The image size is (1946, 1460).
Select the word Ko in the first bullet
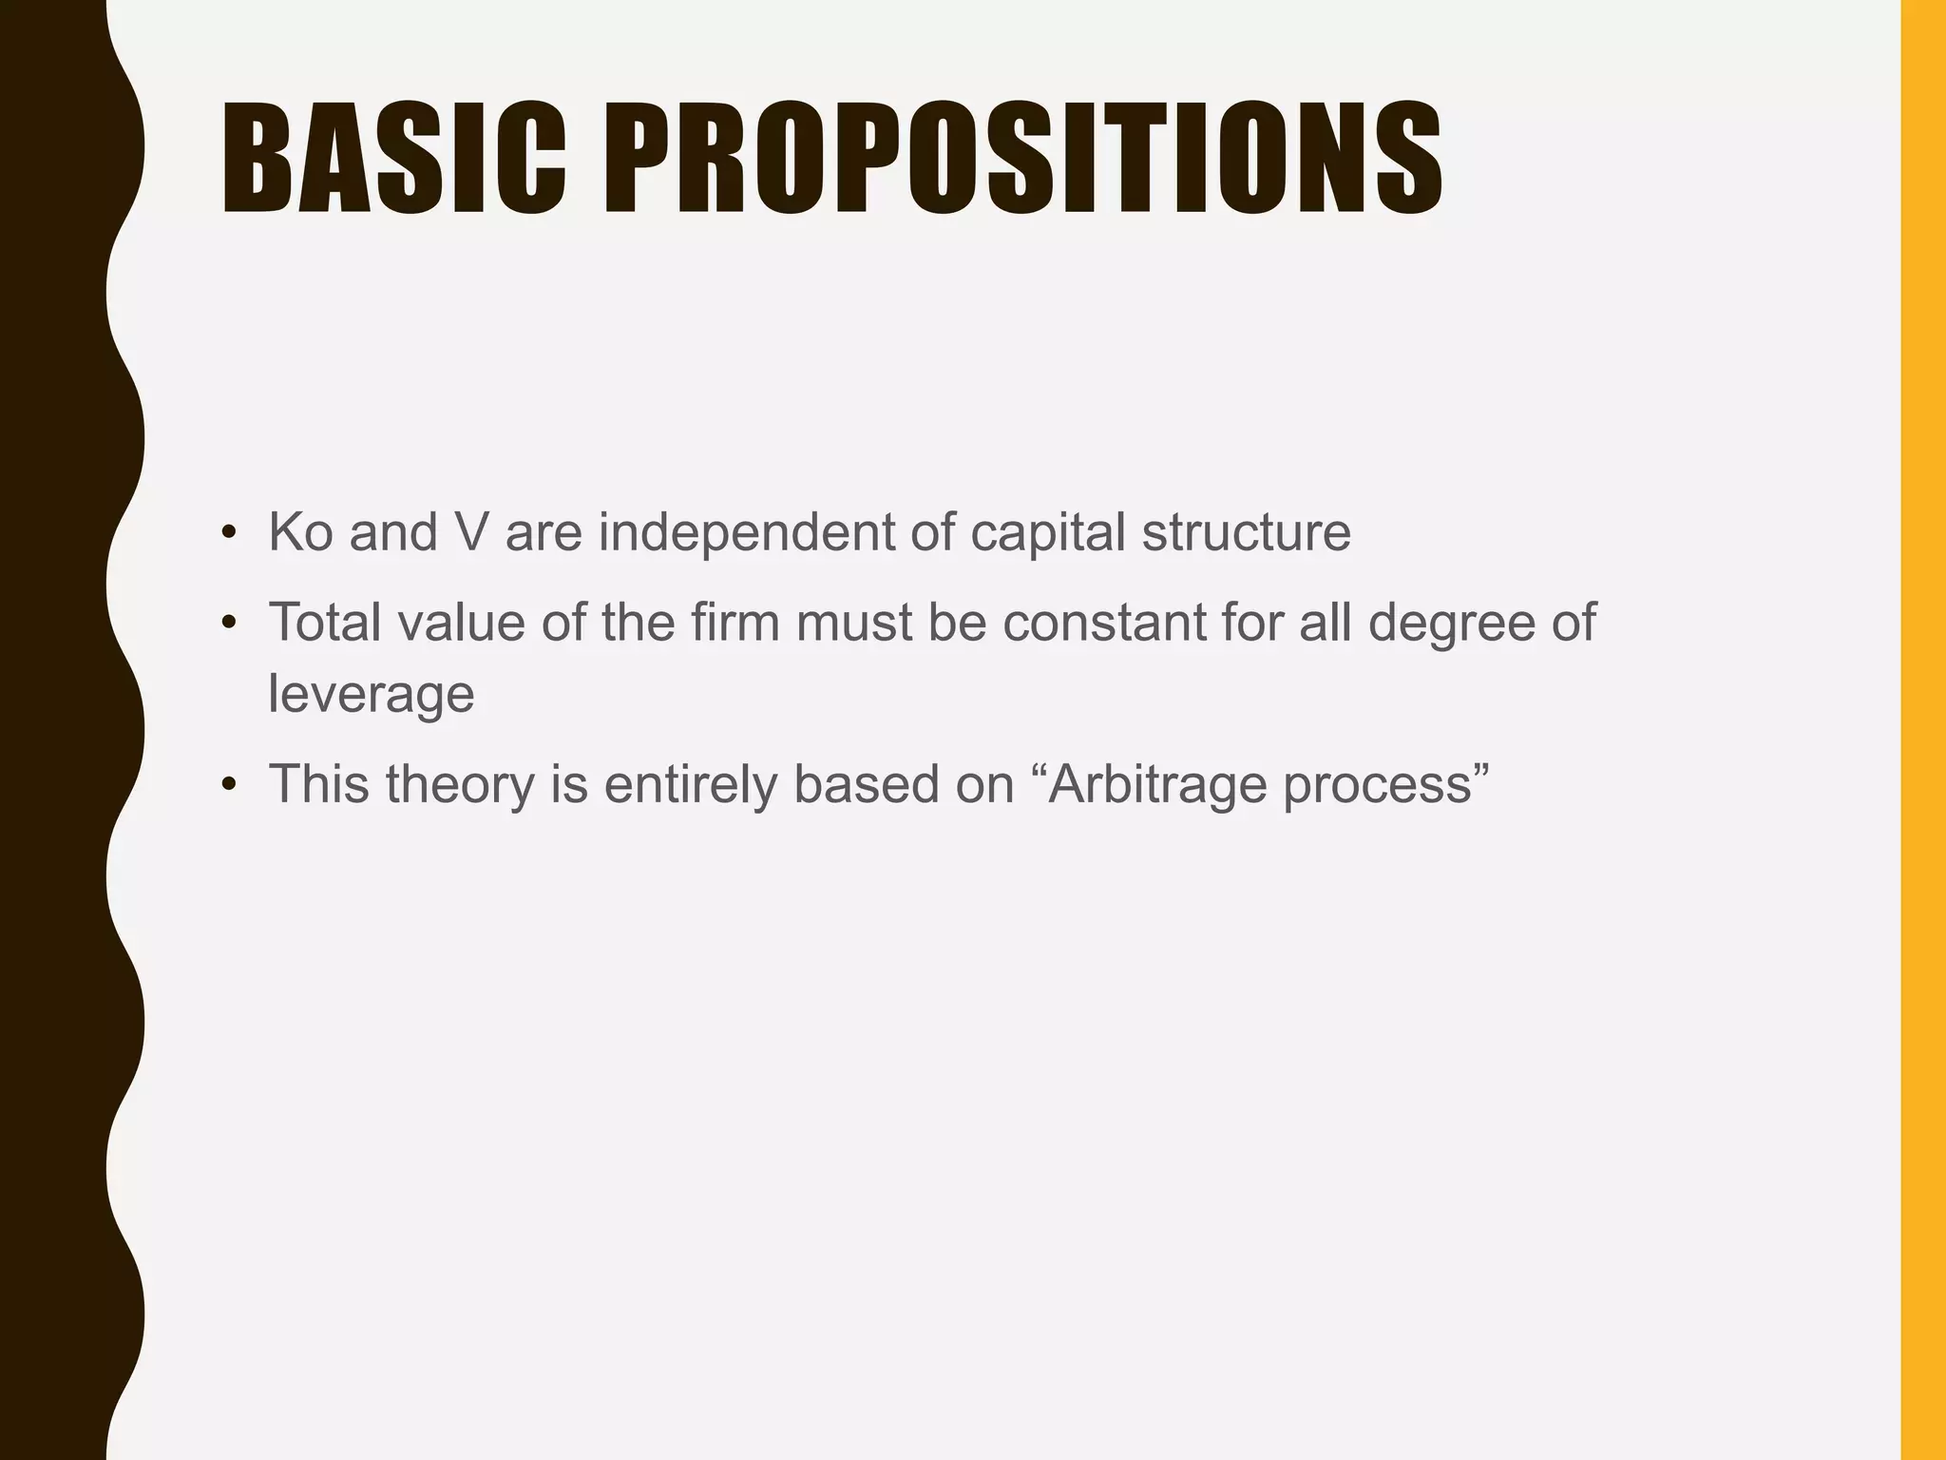click(x=300, y=531)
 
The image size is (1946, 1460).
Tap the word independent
click(x=746, y=531)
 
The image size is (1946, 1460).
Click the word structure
click(x=1246, y=531)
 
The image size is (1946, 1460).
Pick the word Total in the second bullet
click(x=325, y=622)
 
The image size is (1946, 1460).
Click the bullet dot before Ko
click(x=228, y=533)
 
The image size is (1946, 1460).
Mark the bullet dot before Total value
click(x=228, y=624)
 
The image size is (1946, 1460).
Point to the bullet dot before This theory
click(x=228, y=786)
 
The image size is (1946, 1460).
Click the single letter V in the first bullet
click(x=471, y=531)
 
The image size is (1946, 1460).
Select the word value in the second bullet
click(x=461, y=622)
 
